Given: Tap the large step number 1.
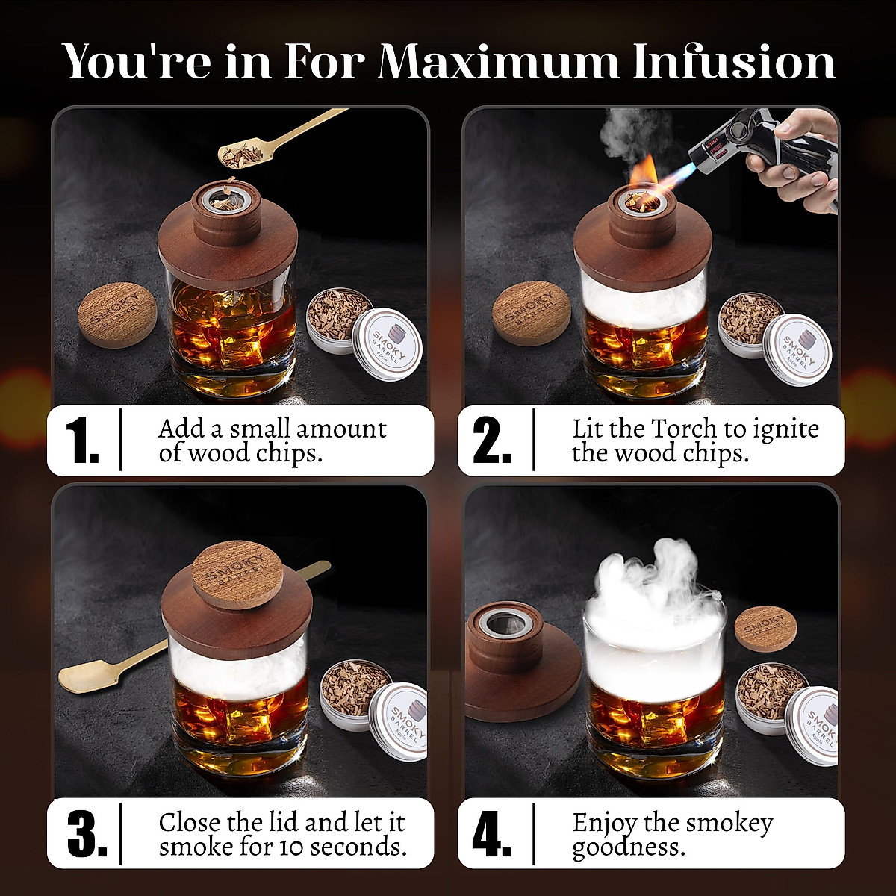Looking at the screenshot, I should point(82,441).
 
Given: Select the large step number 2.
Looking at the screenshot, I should point(493,441).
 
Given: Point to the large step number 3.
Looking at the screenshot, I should point(87,833).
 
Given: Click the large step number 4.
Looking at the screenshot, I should point(493,833).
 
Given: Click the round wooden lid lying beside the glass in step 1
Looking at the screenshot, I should point(117,314).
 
